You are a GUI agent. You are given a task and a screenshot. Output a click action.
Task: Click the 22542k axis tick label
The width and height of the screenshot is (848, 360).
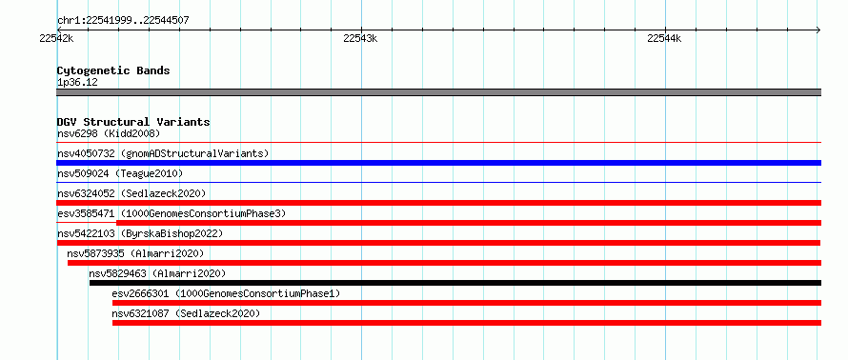56,38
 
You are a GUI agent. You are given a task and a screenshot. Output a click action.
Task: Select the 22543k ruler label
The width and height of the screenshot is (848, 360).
360,38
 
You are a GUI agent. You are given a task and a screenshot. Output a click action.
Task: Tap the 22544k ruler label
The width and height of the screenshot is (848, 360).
664,38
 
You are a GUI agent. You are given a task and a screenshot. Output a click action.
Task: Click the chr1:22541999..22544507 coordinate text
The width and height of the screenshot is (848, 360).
123,21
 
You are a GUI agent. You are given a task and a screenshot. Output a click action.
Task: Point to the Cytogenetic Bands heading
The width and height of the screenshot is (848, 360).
113,70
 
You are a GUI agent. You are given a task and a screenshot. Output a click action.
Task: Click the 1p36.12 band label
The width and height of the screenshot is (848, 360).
77,83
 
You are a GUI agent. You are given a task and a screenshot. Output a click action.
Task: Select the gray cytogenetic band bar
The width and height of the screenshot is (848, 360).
438,92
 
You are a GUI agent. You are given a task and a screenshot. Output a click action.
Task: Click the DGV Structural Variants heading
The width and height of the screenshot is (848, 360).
133,122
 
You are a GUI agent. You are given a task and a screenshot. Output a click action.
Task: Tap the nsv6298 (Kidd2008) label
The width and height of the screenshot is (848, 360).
109,133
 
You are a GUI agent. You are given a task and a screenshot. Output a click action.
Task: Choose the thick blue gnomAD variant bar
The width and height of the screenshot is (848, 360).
438,163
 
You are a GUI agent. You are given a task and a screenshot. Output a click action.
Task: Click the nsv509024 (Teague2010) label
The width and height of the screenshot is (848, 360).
120,173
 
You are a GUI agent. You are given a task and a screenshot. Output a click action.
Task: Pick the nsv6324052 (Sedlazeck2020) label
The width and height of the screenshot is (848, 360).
131,193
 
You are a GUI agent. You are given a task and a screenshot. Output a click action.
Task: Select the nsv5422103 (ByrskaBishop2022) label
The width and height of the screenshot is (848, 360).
140,233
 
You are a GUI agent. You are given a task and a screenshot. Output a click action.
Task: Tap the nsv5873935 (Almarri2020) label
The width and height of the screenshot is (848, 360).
135,253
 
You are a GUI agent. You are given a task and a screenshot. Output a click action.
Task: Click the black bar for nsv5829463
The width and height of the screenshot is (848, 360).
455,283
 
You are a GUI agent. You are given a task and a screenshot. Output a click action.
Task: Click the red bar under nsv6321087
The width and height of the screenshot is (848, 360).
467,323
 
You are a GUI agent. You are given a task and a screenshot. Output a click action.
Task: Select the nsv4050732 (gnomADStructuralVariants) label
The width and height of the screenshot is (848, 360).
163,153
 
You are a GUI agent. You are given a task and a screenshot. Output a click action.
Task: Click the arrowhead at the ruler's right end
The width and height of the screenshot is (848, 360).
818,30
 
